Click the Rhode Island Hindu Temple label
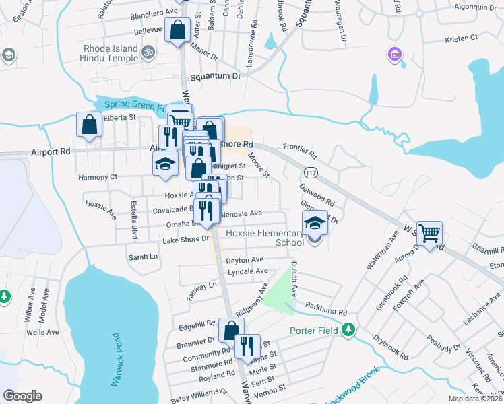click(111, 54)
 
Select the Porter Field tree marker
click(348, 330)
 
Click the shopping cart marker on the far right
click(429, 234)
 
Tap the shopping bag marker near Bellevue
click(177, 30)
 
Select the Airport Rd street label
click(51, 152)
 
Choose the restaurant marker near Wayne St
click(247, 346)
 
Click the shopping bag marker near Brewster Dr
click(230, 331)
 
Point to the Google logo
click(22, 396)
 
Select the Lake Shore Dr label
click(186, 239)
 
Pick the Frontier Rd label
click(300, 146)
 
